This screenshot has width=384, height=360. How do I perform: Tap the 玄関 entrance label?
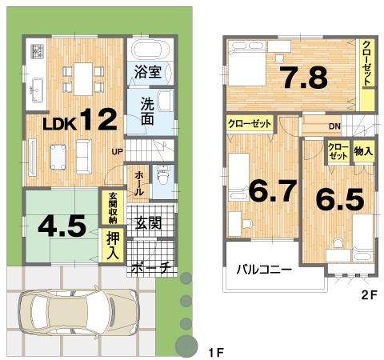150,222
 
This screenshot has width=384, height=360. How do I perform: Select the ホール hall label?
139,183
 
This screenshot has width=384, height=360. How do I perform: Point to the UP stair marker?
117,150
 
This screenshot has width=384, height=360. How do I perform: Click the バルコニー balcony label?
263,270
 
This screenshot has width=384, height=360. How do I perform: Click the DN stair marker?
334,126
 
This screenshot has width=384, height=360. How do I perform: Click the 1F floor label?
214,353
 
